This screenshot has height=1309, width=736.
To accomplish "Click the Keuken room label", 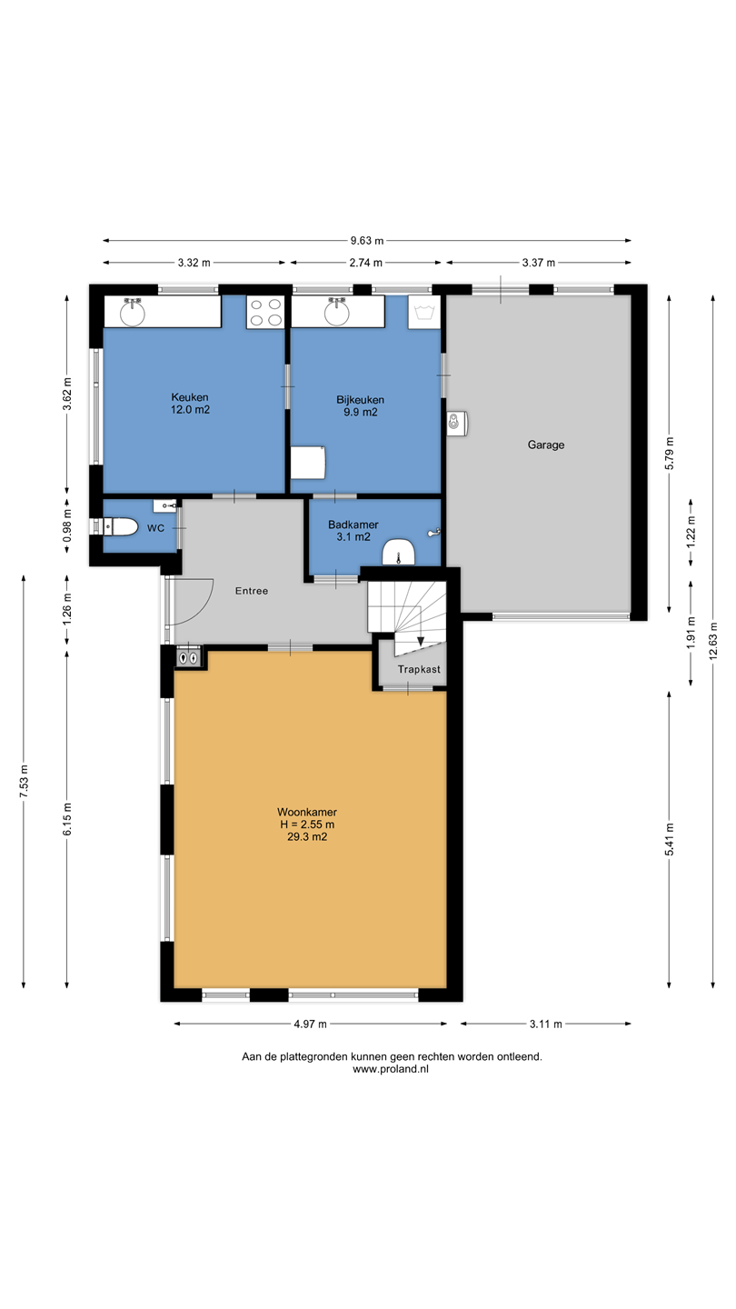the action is click(190, 397).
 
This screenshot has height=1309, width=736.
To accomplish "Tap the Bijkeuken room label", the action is click(361, 400).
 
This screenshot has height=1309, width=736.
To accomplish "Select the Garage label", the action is click(546, 445).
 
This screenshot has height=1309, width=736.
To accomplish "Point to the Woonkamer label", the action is click(307, 812).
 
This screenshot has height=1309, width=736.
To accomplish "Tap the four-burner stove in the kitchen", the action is click(265, 312).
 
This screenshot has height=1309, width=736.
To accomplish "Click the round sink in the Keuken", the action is click(133, 313).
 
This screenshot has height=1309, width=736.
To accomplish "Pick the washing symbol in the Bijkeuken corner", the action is click(424, 312).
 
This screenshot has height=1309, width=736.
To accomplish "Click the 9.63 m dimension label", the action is click(367, 240).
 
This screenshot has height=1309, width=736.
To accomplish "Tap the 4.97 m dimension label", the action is click(311, 1024).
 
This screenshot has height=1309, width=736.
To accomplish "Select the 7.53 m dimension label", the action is click(24, 782).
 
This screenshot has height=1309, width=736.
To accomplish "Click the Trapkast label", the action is click(420, 669).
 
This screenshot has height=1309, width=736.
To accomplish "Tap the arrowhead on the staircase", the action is click(421, 641).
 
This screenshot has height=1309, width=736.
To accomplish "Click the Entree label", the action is click(252, 591).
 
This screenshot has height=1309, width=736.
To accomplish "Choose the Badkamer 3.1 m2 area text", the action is click(353, 536).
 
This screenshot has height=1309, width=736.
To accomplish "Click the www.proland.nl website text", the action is click(391, 1069).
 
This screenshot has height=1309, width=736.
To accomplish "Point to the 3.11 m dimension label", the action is click(546, 1024).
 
